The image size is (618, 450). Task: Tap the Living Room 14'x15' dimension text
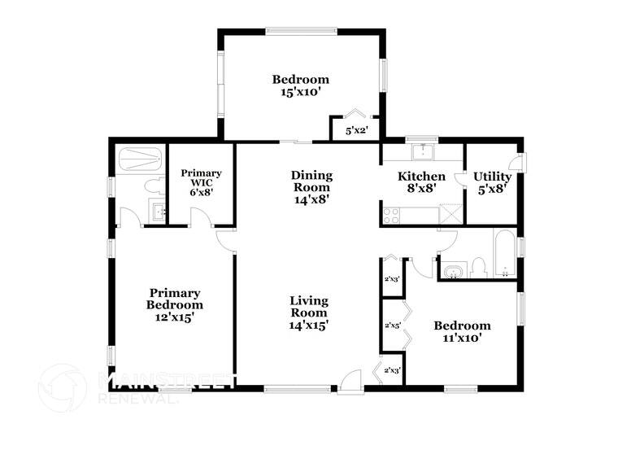[309, 324]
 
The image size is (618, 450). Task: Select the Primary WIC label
[201, 173]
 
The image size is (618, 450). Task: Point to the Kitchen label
[420, 177]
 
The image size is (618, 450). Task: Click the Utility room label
[493, 177]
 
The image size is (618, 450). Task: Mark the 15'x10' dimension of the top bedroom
[300, 92]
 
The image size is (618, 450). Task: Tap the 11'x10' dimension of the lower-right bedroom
[462, 337]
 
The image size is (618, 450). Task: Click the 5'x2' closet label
[357, 130]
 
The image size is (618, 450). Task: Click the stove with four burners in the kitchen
[391, 216]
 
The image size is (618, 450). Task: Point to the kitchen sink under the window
[423, 151]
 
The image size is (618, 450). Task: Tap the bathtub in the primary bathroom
[139, 158]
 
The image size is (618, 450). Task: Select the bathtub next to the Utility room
[503, 254]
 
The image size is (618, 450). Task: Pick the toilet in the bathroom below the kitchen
[479, 268]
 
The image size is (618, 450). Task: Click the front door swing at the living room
[350, 380]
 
